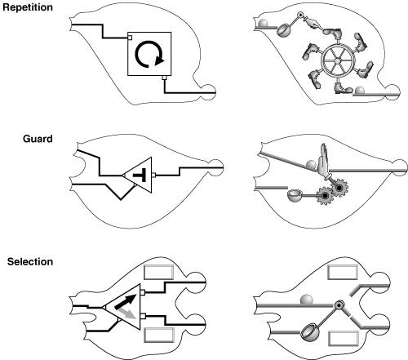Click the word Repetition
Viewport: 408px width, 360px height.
click(x=28, y=7)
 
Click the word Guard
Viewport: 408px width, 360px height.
click(x=38, y=139)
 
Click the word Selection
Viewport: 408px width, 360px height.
click(x=30, y=262)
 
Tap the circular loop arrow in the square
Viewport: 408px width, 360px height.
click(x=149, y=54)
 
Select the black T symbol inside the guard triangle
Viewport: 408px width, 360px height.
click(x=140, y=175)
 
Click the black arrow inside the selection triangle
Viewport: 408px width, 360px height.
click(x=125, y=301)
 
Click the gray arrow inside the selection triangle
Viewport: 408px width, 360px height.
click(x=127, y=313)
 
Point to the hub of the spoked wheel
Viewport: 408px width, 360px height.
click(x=337, y=60)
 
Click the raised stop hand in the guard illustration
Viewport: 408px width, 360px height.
click(x=323, y=158)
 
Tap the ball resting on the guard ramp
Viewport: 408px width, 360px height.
click(x=311, y=165)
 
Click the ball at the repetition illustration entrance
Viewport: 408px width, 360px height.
click(x=263, y=24)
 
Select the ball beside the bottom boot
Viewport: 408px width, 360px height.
click(x=360, y=91)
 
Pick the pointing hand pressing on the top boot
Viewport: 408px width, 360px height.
click(x=313, y=23)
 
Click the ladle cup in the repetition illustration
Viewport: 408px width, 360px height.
click(x=283, y=30)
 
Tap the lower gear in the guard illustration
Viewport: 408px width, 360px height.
click(x=325, y=195)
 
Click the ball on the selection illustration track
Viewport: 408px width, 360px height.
click(x=307, y=300)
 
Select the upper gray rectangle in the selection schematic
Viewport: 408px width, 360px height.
click(x=158, y=272)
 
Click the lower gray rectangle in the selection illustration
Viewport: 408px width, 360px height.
click(x=344, y=339)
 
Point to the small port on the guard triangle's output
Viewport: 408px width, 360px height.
click(x=153, y=176)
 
